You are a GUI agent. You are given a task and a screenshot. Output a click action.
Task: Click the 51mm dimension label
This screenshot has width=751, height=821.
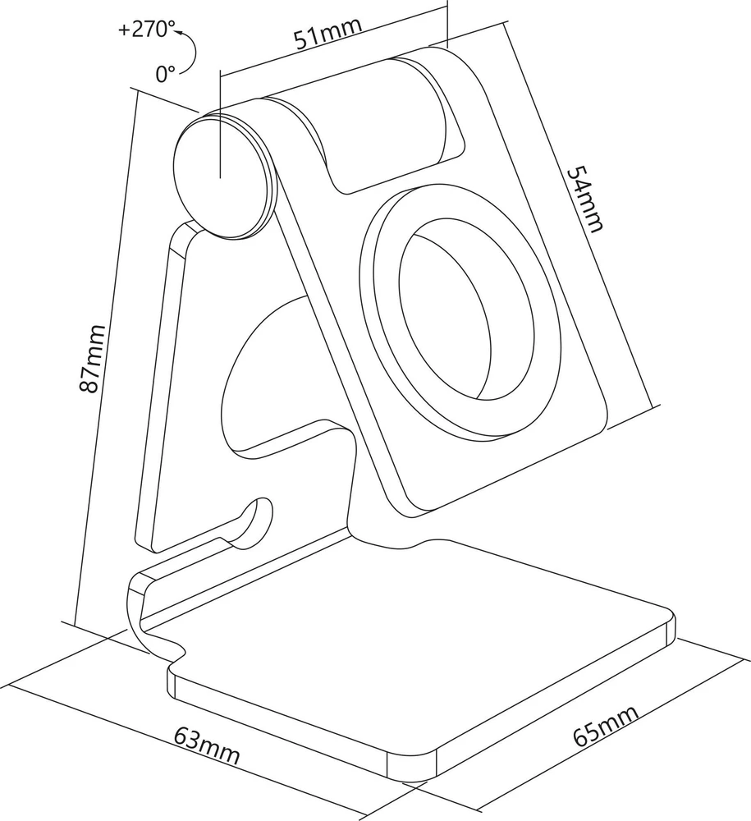coord(327,33)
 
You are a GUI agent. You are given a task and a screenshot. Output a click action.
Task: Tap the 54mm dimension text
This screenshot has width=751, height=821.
coord(586,199)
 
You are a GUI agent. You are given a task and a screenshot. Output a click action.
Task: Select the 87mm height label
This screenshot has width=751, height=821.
coord(92,358)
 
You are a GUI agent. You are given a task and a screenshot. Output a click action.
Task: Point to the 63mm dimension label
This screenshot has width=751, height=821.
coord(207,745)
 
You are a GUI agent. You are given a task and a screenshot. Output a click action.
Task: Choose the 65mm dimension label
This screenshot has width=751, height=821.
coord(606,725)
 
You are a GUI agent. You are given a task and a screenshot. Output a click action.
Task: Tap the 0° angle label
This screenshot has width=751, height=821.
coord(166,74)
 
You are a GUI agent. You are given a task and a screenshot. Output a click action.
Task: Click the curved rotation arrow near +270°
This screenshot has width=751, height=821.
coord(191,53)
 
